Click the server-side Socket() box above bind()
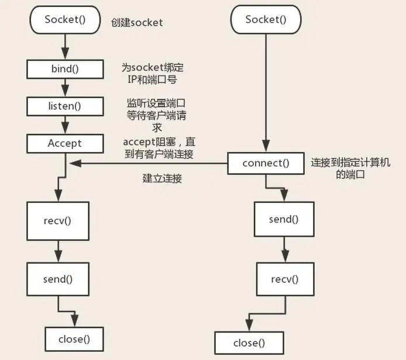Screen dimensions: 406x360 65,20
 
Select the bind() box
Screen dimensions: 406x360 65,69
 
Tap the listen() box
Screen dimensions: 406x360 65,106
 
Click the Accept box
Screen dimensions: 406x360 65,144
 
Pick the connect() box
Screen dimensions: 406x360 266,163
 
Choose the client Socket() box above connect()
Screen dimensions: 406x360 266,20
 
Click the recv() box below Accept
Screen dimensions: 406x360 58,221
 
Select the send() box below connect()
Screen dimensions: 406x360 284,219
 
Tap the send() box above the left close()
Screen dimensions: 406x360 58,279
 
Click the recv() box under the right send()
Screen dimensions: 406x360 285,279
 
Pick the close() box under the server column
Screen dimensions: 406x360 74,339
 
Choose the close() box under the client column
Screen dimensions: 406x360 249,343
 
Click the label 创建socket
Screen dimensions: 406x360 137,23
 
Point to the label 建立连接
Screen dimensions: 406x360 162,178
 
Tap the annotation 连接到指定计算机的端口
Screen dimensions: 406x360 350,168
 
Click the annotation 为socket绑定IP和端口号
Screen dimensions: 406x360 153,74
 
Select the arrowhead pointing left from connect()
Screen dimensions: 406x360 75,163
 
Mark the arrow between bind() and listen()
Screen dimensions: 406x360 65,88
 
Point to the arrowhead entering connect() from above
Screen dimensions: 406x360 266,146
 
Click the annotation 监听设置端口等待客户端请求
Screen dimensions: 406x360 156,115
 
